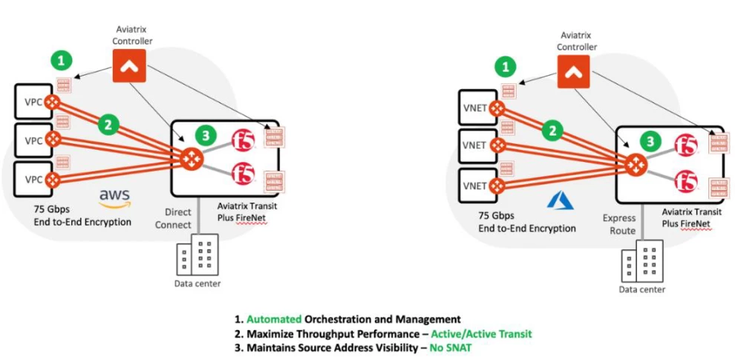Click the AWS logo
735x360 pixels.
point(115,197)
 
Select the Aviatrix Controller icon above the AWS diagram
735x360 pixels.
point(128,67)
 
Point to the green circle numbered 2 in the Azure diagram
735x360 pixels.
point(551,131)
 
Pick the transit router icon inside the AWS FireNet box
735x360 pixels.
point(191,158)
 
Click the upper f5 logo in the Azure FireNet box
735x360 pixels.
point(685,145)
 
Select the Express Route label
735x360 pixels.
point(618,224)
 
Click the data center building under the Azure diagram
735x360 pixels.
point(641,261)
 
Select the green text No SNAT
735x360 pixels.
point(451,347)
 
